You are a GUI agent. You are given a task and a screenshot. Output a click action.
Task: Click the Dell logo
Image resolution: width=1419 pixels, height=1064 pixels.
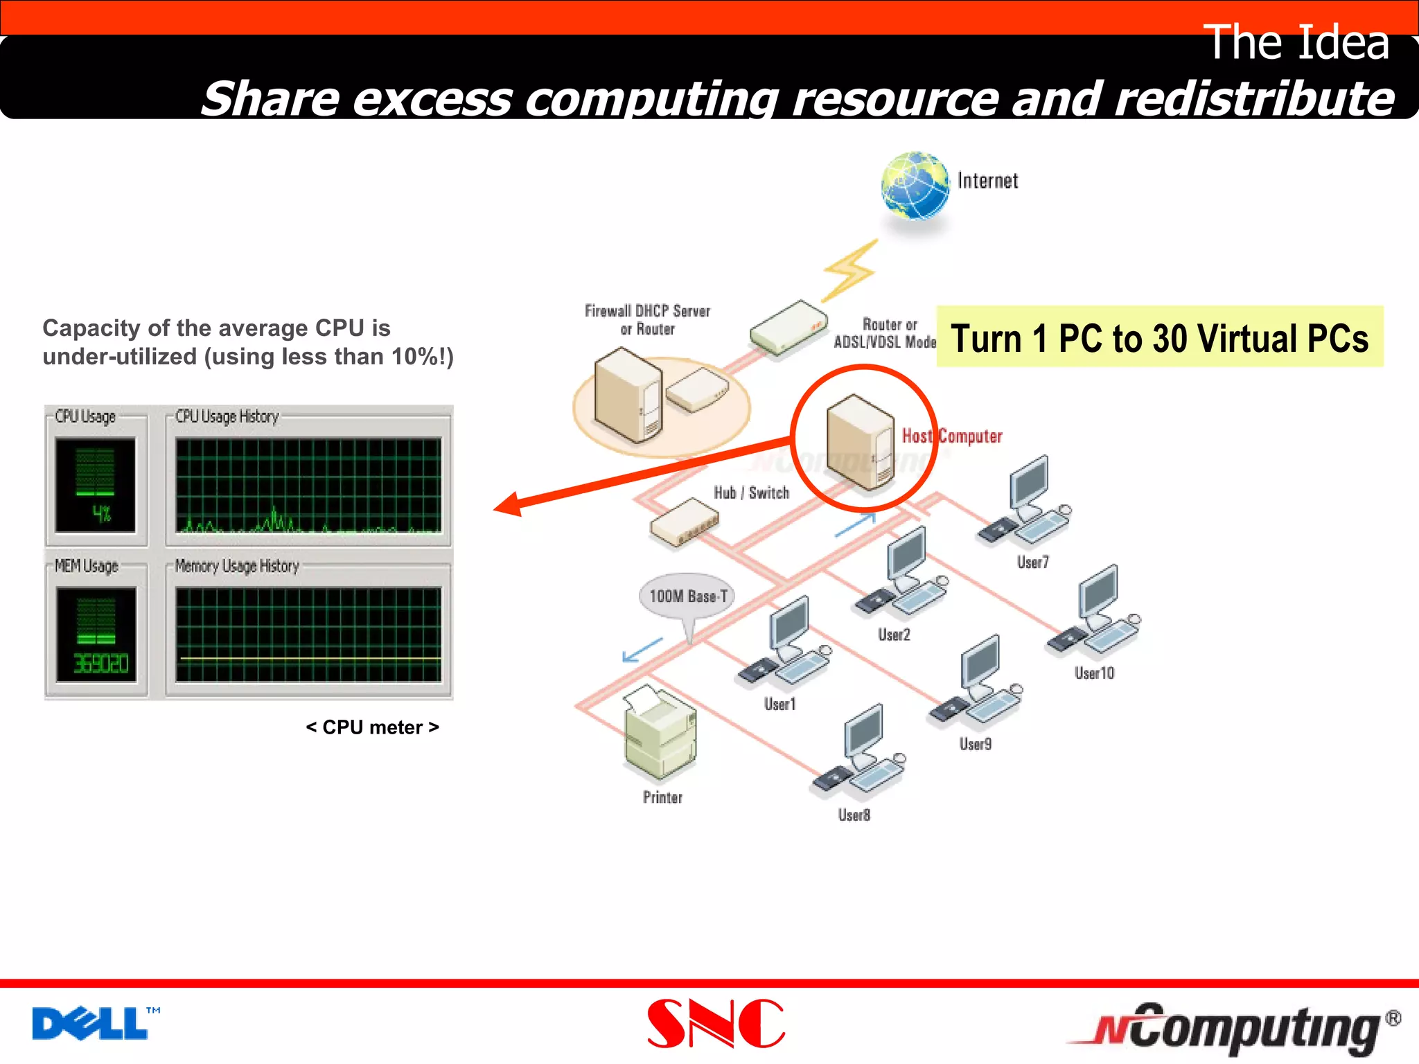90,1023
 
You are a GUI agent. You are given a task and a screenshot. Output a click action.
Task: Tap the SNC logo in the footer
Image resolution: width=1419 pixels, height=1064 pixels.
716,1023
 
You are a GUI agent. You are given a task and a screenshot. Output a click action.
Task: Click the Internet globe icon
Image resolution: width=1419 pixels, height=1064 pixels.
915,186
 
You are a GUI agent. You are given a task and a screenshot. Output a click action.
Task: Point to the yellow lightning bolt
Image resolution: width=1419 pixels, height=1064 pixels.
850,271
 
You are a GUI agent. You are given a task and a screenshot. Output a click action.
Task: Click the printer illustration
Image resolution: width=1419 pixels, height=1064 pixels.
660,733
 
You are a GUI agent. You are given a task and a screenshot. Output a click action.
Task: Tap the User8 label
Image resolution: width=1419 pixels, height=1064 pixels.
854,815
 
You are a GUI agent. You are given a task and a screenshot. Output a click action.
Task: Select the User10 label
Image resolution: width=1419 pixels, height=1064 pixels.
1094,673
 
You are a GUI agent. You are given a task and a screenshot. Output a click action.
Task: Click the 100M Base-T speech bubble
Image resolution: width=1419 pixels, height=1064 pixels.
687,596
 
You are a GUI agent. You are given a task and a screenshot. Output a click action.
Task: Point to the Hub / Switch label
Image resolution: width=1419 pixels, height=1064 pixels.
751,493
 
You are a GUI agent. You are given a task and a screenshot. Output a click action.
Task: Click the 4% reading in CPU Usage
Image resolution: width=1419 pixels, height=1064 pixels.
101,513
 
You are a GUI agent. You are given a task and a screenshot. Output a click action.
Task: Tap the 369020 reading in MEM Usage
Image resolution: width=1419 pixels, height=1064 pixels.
101,664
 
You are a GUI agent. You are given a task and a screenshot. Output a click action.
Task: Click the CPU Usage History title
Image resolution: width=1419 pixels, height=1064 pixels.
227,416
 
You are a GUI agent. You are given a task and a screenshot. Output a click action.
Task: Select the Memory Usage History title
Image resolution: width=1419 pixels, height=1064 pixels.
236,566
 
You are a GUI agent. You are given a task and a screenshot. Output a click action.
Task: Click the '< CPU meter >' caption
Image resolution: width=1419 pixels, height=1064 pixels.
372,727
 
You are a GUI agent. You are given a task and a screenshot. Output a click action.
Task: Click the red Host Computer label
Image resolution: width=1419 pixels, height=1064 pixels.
952,436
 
